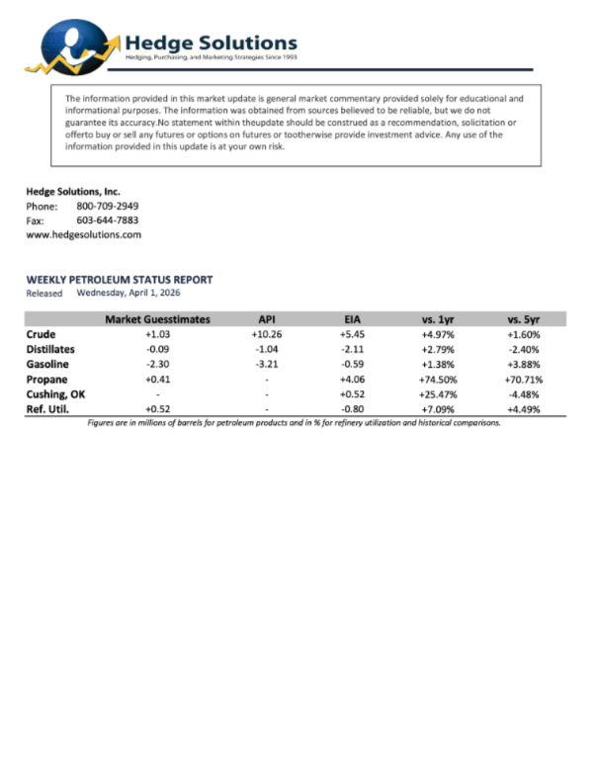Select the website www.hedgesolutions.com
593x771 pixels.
(83, 235)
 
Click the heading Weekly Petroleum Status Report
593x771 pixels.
(119, 280)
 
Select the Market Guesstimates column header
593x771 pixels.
(157, 319)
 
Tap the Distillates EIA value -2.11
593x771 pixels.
(353, 349)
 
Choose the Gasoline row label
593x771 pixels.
(47, 364)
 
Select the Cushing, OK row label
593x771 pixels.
(55, 393)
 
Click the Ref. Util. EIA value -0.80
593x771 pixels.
(353, 408)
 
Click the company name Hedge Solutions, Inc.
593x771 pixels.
(73, 192)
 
